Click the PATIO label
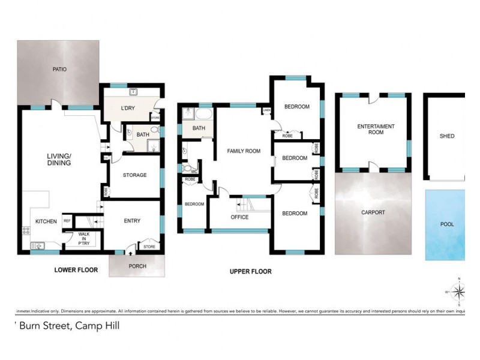(59, 70)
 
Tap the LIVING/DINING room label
(59, 159)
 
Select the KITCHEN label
(46, 221)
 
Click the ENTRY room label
(132, 221)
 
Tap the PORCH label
(137, 266)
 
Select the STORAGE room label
(135, 175)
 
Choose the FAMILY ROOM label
(244, 151)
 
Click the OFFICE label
(239, 217)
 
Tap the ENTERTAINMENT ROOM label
(376, 129)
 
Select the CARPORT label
(373, 212)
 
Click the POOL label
(447, 224)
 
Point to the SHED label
(447, 136)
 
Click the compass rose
(458, 292)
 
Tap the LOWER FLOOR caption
(76, 270)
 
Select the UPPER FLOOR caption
(251, 272)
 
